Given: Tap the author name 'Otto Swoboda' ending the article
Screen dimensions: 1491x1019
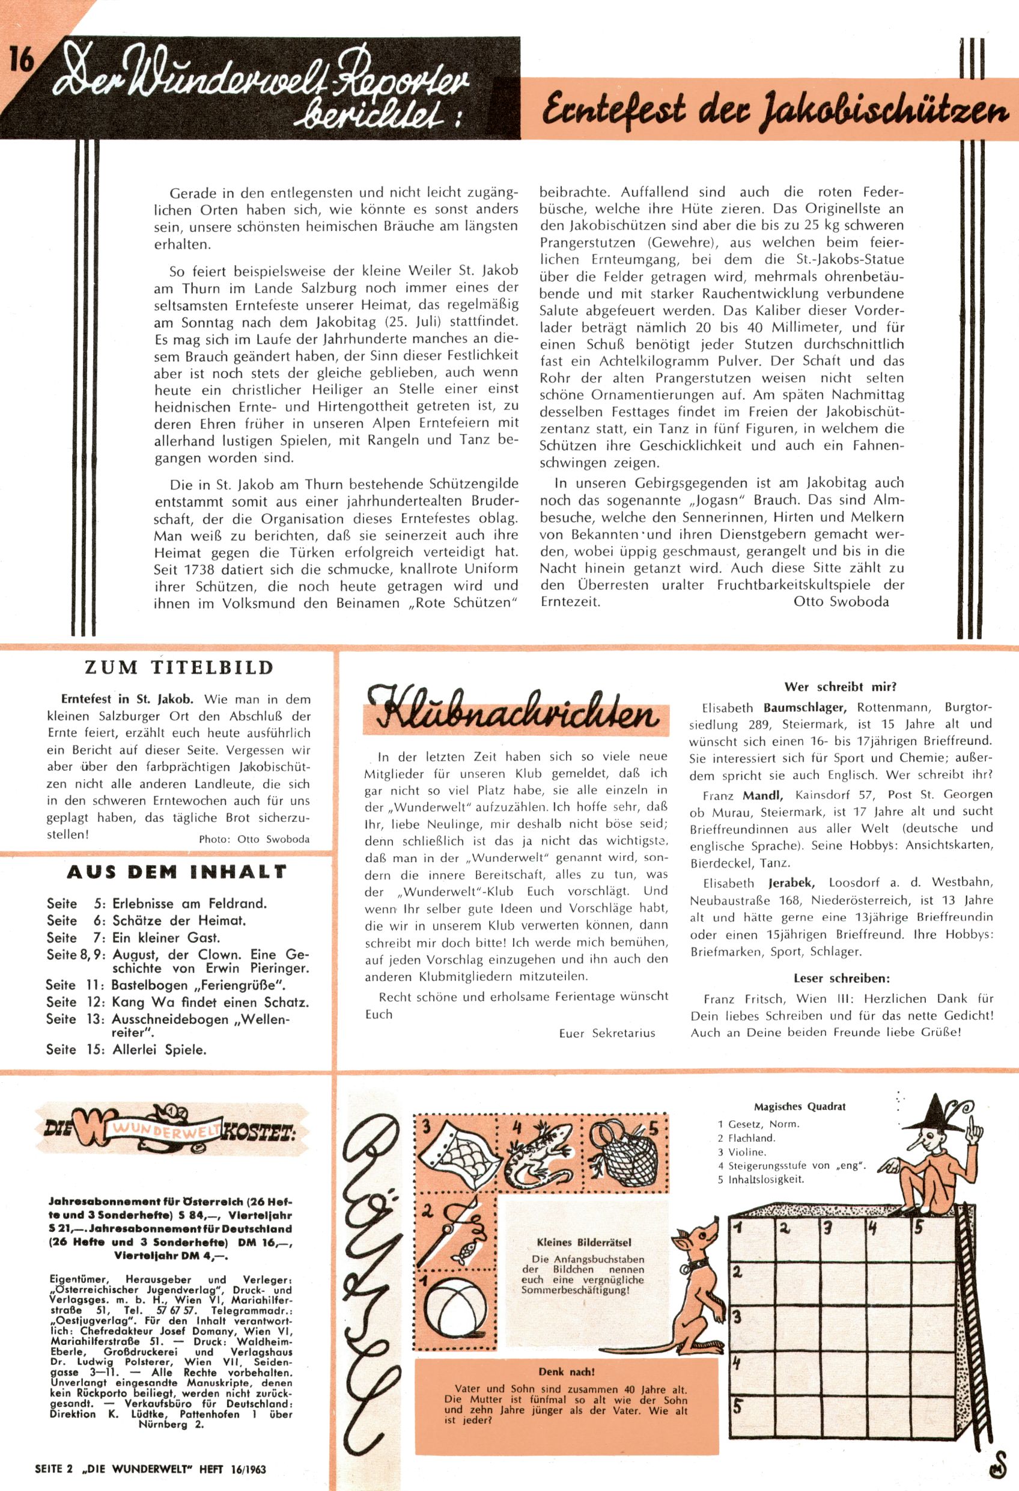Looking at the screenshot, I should point(841,601).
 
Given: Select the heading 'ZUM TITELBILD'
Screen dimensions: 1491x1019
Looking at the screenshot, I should point(179,667).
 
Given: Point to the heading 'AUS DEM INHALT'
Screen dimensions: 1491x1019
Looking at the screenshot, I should point(177,872).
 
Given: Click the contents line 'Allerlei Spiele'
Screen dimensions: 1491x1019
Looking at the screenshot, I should point(159,1050).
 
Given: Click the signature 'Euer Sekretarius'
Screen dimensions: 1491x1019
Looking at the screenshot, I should point(607,1033).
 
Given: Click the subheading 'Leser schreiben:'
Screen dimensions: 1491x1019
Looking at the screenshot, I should point(841,979).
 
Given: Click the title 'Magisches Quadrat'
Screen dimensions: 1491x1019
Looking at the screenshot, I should point(799,1107).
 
